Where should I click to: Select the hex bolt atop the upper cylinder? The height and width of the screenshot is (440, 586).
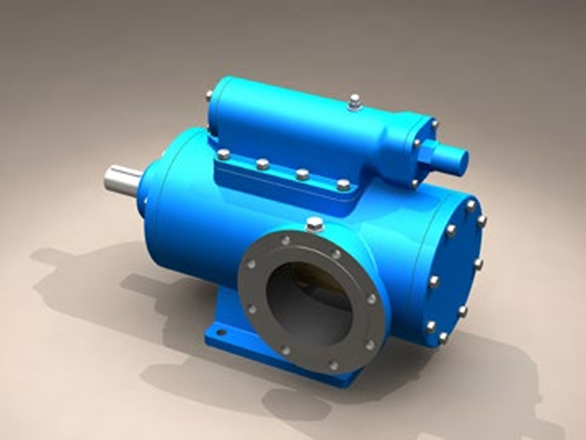[355, 101]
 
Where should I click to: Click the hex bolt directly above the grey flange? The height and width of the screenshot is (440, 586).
[315, 224]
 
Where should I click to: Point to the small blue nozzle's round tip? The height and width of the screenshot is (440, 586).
[459, 160]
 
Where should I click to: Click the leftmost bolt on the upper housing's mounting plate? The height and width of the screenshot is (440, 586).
[224, 154]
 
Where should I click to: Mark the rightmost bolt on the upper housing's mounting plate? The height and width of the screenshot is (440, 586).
[343, 184]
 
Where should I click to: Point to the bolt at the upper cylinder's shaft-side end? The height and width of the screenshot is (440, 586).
[208, 96]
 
